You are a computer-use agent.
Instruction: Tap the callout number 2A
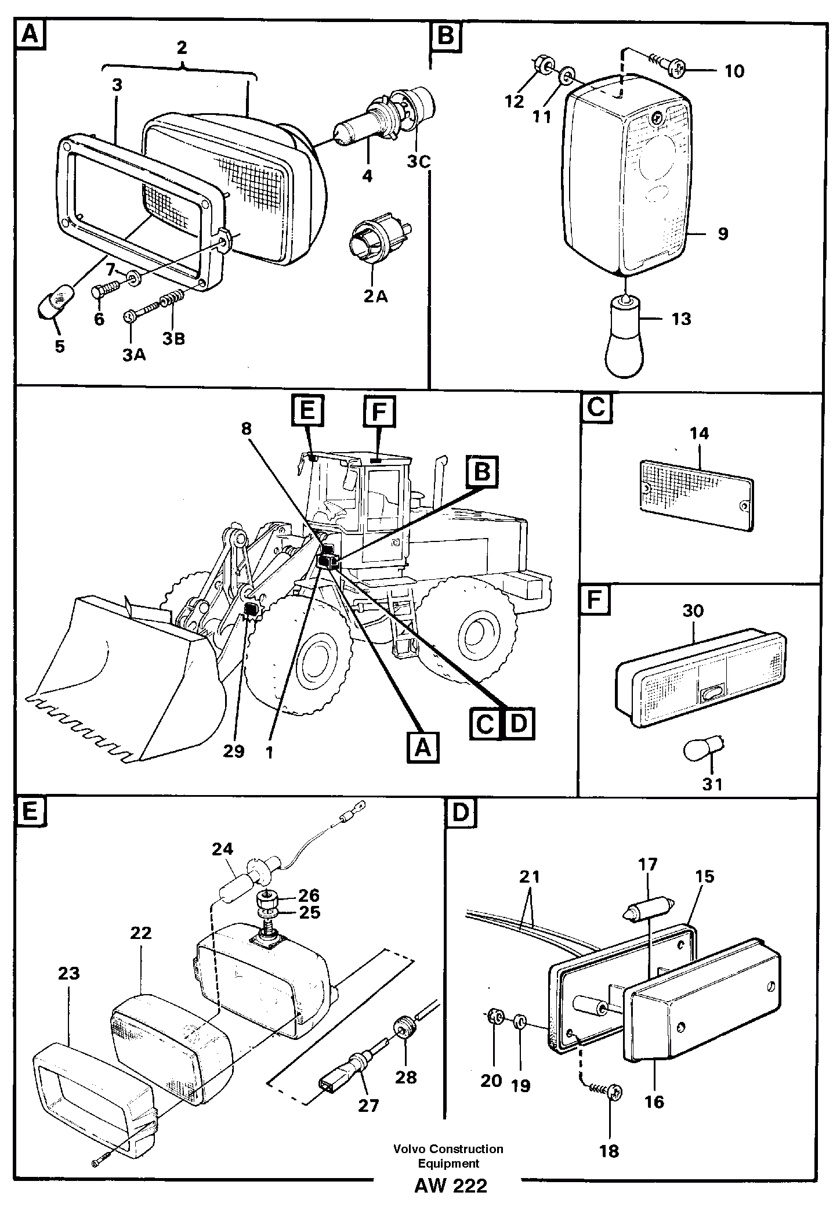[376, 297]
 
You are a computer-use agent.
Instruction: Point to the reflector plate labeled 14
[697, 494]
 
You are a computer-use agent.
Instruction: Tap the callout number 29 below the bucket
[235, 751]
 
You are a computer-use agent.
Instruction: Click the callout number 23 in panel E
[68, 973]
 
